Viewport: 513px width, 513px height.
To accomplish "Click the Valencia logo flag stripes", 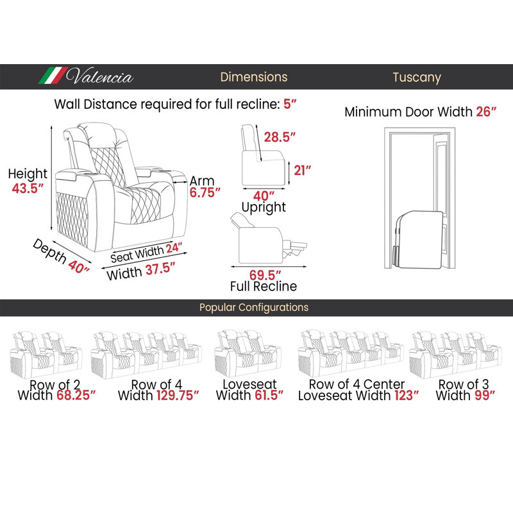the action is [x=53, y=76].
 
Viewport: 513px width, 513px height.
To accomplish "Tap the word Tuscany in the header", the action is [x=417, y=78].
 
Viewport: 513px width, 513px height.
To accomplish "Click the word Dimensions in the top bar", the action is [x=253, y=77].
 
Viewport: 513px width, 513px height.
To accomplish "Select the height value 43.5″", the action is [x=28, y=188].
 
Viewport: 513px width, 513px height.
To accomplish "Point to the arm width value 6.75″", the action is [x=205, y=192].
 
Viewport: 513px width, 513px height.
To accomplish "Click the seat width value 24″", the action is [x=174, y=248].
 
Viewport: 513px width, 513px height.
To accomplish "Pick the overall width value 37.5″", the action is [x=160, y=269].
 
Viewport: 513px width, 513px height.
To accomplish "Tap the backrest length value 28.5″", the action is [x=280, y=137].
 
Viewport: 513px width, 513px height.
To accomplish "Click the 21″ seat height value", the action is [x=302, y=171].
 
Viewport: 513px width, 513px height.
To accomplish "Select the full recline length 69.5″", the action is [x=265, y=275].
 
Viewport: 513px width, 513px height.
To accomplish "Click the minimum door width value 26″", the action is [x=486, y=112].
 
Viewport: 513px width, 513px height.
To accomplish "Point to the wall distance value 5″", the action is [x=290, y=104].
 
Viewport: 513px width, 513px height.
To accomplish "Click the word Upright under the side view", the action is [x=264, y=207].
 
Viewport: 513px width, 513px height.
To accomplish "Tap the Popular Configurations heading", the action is [x=254, y=307].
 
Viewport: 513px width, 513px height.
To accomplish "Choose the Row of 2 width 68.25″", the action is [x=76, y=395].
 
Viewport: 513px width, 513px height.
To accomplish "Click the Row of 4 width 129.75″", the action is [x=178, y=395].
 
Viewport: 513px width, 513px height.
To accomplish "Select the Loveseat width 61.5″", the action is [x=269, y=395].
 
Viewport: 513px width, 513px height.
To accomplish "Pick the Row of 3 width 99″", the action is [x=485, y=395].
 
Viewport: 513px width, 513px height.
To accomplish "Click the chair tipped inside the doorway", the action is [x=418, y=240].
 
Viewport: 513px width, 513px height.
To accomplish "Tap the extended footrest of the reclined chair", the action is [x=296, y=248].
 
